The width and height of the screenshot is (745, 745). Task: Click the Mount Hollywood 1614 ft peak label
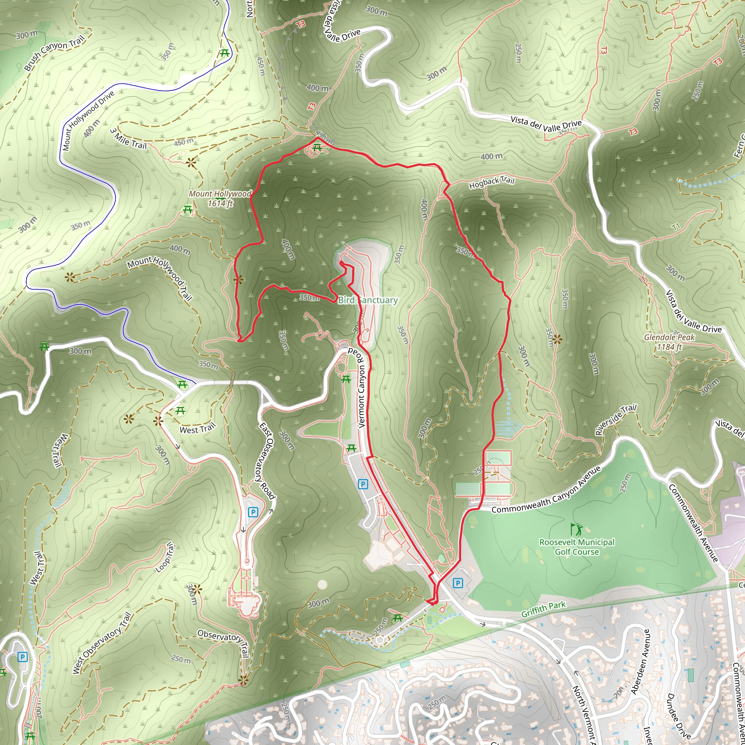[x=220, y=198]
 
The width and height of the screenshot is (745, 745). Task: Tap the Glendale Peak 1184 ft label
[x=669, y=342]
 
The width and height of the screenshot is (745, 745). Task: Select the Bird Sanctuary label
[x=367, y=300]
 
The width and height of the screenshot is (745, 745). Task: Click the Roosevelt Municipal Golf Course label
[x=577, y=547]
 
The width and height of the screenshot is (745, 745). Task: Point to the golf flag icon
[x=576, y=529]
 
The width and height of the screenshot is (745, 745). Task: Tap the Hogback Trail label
[x=492, y=182]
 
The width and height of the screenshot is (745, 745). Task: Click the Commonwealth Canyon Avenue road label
[x=546, y=490]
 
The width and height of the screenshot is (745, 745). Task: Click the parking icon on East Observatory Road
[x=253, y=512]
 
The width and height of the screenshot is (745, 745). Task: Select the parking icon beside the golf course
[x=458, y=583]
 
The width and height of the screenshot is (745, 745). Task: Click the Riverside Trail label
[x=616, y=419]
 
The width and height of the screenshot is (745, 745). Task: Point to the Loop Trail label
[x=166, y=557]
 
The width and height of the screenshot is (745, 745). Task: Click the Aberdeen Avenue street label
[x=640, y=661]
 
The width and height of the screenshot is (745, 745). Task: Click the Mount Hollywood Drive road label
[x=88, y=120]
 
